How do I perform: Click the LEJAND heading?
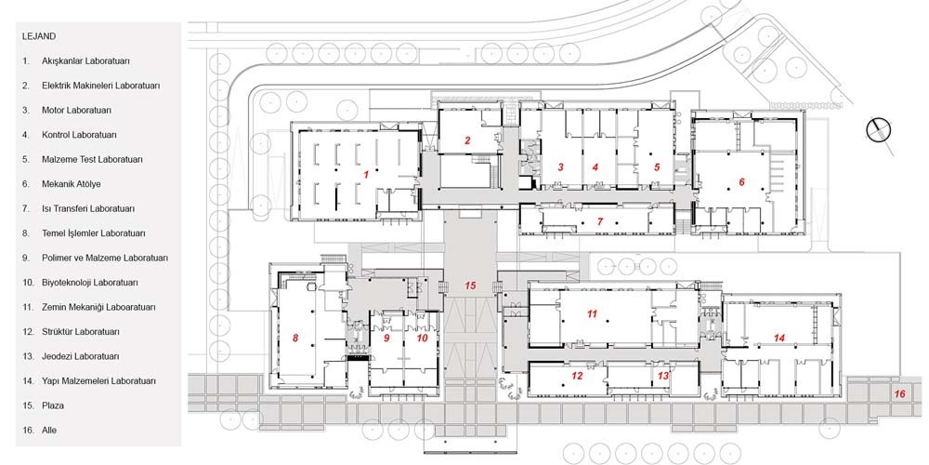coord(39,36)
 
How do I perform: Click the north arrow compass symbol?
coord(879,130)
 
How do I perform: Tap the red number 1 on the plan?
coord(366,175)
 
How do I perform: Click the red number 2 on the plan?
coord(467,140)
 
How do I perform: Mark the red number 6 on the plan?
coord(741,182)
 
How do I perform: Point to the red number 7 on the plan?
coord(600,222)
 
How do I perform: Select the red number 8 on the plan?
coord(295,339)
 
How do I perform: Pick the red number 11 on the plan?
coord(592,314)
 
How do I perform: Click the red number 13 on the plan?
coord(663,376)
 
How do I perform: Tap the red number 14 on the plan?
coord(779,337)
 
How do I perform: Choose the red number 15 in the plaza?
coord(470,286)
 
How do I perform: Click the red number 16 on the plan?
coord(900,393)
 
